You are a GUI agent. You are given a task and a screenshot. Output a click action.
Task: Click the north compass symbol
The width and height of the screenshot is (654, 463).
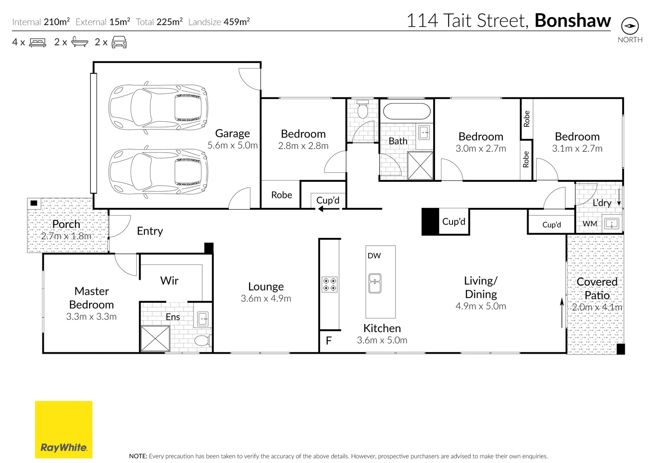630,26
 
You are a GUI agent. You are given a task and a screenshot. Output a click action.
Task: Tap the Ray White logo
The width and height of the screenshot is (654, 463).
63,430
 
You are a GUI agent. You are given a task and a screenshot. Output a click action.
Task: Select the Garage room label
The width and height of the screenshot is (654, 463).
232,133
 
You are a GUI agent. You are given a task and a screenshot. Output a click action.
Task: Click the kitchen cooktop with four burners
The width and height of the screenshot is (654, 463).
330,285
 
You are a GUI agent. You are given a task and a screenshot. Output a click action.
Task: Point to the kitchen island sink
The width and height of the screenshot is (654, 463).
375,283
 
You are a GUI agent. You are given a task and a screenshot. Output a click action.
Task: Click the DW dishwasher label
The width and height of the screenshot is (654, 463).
374,256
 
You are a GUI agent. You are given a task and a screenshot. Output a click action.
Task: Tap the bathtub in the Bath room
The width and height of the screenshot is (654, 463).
406,111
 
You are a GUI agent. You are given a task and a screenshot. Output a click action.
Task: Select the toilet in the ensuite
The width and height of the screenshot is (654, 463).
201,341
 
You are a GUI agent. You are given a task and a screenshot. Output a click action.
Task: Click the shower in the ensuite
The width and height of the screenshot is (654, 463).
155,339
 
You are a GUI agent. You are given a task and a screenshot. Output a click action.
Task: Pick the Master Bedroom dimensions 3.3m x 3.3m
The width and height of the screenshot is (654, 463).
91,317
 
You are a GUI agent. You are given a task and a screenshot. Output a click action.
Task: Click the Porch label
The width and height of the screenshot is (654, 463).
66,224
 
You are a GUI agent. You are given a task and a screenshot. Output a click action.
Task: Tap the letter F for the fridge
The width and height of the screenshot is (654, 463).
329,341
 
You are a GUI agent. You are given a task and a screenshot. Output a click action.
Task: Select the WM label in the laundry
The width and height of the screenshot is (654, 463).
590,224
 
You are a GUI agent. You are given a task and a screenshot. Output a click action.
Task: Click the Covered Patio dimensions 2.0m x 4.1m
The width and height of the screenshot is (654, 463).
597,307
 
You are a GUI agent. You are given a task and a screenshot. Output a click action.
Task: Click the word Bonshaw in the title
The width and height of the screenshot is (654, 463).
573,21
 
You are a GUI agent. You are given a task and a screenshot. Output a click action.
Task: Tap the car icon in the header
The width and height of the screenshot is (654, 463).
119,42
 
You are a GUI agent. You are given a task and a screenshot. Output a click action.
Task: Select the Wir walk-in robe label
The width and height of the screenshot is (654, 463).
169,281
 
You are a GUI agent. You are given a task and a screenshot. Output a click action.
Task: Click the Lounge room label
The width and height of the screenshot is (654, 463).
266,287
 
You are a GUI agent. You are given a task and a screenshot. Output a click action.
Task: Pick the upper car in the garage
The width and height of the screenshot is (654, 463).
158,107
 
